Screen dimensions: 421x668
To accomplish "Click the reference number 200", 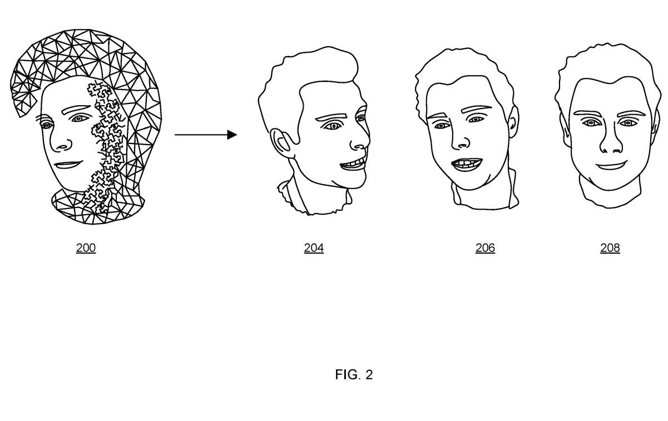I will (86, 248).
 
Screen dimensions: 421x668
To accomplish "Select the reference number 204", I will (314, 248).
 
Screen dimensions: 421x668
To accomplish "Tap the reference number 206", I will (485, 248).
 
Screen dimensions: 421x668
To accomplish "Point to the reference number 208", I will (610, 248).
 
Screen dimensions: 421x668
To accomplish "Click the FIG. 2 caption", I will (354, 375).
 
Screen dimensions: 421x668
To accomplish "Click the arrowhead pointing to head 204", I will (232, 135).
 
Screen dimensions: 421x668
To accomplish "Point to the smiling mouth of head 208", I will (611, 166).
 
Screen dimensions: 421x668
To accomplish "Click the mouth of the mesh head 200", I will (67, 165).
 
